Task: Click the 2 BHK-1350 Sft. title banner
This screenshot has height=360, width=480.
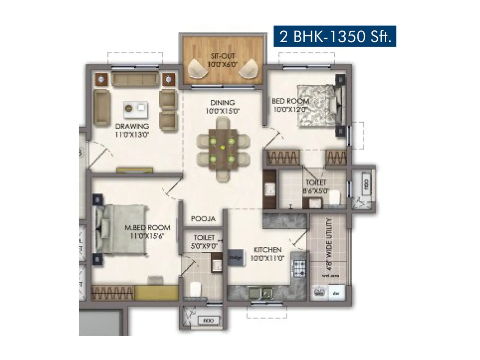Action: pos(334,36)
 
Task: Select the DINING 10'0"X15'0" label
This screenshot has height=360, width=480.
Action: pos(222,107)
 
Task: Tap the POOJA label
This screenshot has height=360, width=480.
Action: pos(203,219)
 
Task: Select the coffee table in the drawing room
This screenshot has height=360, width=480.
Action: pos(136,109)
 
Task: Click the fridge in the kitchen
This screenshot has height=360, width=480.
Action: pos(235,257)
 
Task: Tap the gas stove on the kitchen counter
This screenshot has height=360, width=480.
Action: pos(299,268)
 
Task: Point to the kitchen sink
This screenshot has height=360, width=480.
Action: pos(261,292)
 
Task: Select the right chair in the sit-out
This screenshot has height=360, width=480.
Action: pos(249,69)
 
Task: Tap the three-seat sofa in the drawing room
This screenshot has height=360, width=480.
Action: pos(135,79)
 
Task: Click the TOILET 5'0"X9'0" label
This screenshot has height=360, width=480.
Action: pos(204,242)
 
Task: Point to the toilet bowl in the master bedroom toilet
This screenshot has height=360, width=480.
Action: pos(195,289)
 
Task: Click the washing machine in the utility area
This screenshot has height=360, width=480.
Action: pos(319,292)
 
